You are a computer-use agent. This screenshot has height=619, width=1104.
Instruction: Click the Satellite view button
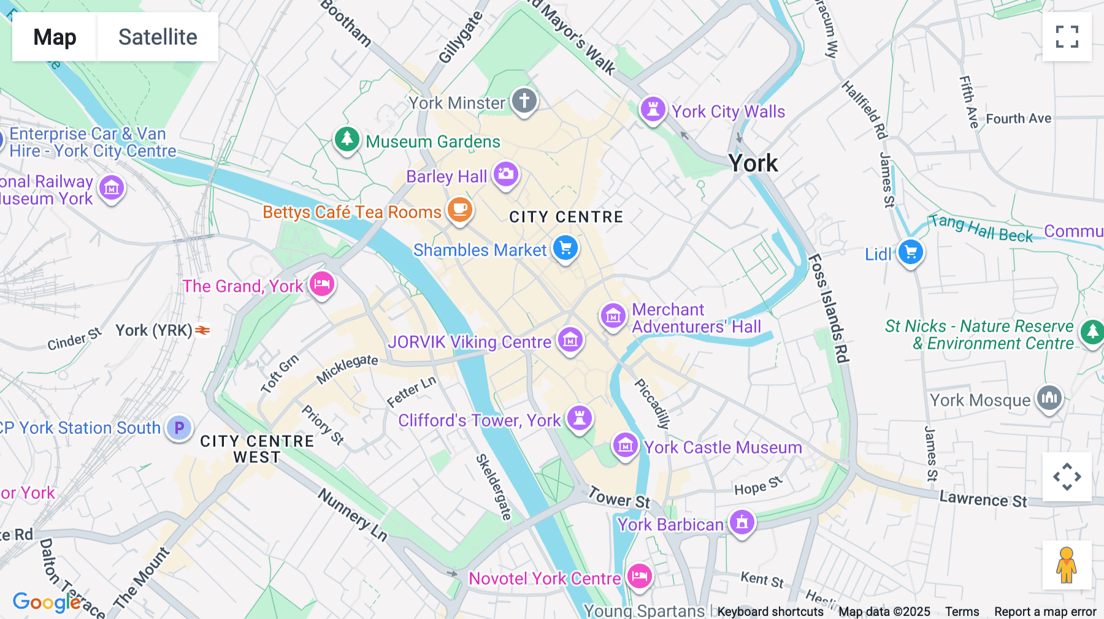[158, 37]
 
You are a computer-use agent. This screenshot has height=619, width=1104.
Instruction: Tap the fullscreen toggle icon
[1067, 37]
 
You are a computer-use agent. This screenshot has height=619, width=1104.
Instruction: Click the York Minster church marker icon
[524, 101]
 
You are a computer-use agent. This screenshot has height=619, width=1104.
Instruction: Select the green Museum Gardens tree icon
[347, 139]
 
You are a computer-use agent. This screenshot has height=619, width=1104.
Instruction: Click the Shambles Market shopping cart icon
[565, 248]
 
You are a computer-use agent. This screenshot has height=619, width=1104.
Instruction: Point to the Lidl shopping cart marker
[910, 253]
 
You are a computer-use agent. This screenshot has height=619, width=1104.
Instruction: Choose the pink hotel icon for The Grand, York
[322, 284]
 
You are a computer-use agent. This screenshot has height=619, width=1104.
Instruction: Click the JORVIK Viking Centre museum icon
[570, 340]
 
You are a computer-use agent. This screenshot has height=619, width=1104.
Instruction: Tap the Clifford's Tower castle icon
[579, 419]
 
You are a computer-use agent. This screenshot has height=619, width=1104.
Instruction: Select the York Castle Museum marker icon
[625, 446]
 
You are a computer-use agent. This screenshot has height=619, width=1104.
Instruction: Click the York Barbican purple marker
[742, 523]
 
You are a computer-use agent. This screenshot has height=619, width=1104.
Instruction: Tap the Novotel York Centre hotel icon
[639, 577]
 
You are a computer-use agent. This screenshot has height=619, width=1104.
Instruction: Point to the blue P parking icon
[179, 427]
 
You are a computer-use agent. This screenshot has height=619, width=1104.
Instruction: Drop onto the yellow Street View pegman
[1067, 564]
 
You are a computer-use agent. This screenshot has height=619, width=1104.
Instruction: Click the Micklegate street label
[347, 369]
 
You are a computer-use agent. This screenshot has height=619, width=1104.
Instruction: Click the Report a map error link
[1045, 612]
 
